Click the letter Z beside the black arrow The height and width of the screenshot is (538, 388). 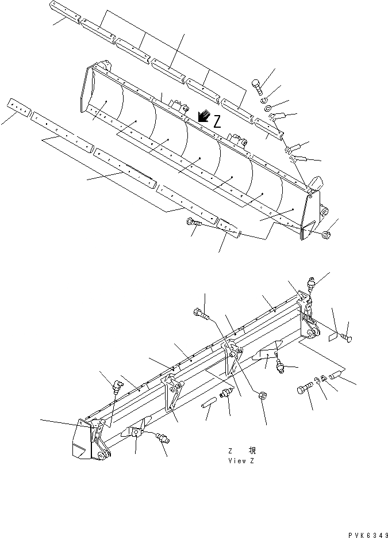click(217, 121)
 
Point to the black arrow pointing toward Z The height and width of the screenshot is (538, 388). click(202, 117)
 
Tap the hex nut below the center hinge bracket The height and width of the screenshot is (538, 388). click(260, 395)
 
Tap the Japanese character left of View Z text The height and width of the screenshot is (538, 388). click(252, 451)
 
